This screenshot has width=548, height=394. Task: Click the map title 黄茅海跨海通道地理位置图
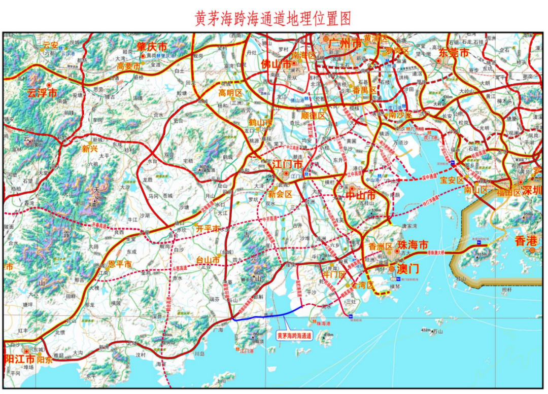[x=273, y=18]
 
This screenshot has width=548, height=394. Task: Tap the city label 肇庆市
[x=152, y=47]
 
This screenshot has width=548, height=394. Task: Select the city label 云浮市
[x=42, y=93]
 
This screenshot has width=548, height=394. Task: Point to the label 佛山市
[x=277, y=65]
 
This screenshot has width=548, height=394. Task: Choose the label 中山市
[x=361, y=195]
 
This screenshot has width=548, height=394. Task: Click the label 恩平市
[x=120, y=265]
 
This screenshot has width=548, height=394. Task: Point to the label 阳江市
[x=20, y=359]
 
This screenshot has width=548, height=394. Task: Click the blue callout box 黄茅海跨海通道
[x=294, y=335]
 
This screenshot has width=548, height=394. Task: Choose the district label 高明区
[x=231, y=92]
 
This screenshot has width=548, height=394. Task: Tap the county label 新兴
[x=89, y=149]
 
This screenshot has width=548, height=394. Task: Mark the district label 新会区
[x=281, y=194]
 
